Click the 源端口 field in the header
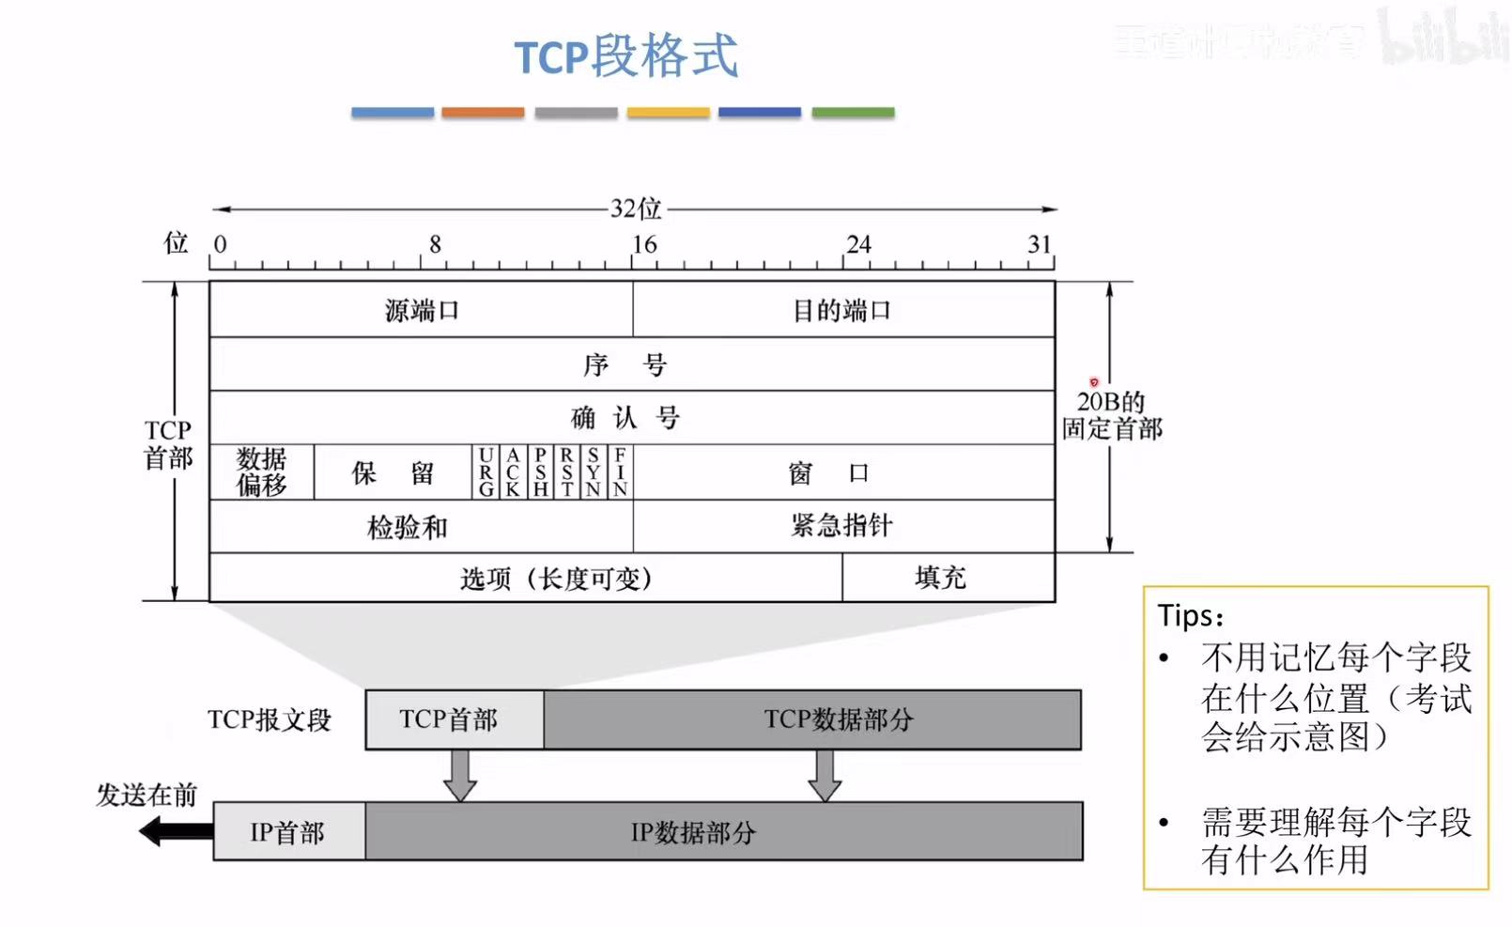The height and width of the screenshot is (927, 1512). tap(422, 310)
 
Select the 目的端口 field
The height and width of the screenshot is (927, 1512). tap(842, 310)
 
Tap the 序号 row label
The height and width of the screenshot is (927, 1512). tap(625, 364)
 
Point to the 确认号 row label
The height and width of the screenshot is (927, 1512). tap(625, 417)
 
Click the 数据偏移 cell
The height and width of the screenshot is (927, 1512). tap(261, 471)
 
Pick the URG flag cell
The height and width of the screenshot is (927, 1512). tap(486, 471)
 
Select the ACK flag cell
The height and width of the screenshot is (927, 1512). tap(513, 471)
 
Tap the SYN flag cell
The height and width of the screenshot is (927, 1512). tap(593, 471)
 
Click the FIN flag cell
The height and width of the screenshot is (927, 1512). tap(620, 471)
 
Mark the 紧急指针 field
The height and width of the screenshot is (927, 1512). tap(842, 525)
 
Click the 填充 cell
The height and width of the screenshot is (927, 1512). tap(940, 578)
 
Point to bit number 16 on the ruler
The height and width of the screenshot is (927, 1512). tap(644, 244)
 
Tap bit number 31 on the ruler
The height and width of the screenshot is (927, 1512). tap(1039, 244)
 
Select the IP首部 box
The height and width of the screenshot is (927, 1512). tap(288, 832)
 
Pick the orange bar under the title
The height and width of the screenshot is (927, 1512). tap(483, 113)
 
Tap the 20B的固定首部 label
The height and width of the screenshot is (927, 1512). tap(1112, 415)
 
